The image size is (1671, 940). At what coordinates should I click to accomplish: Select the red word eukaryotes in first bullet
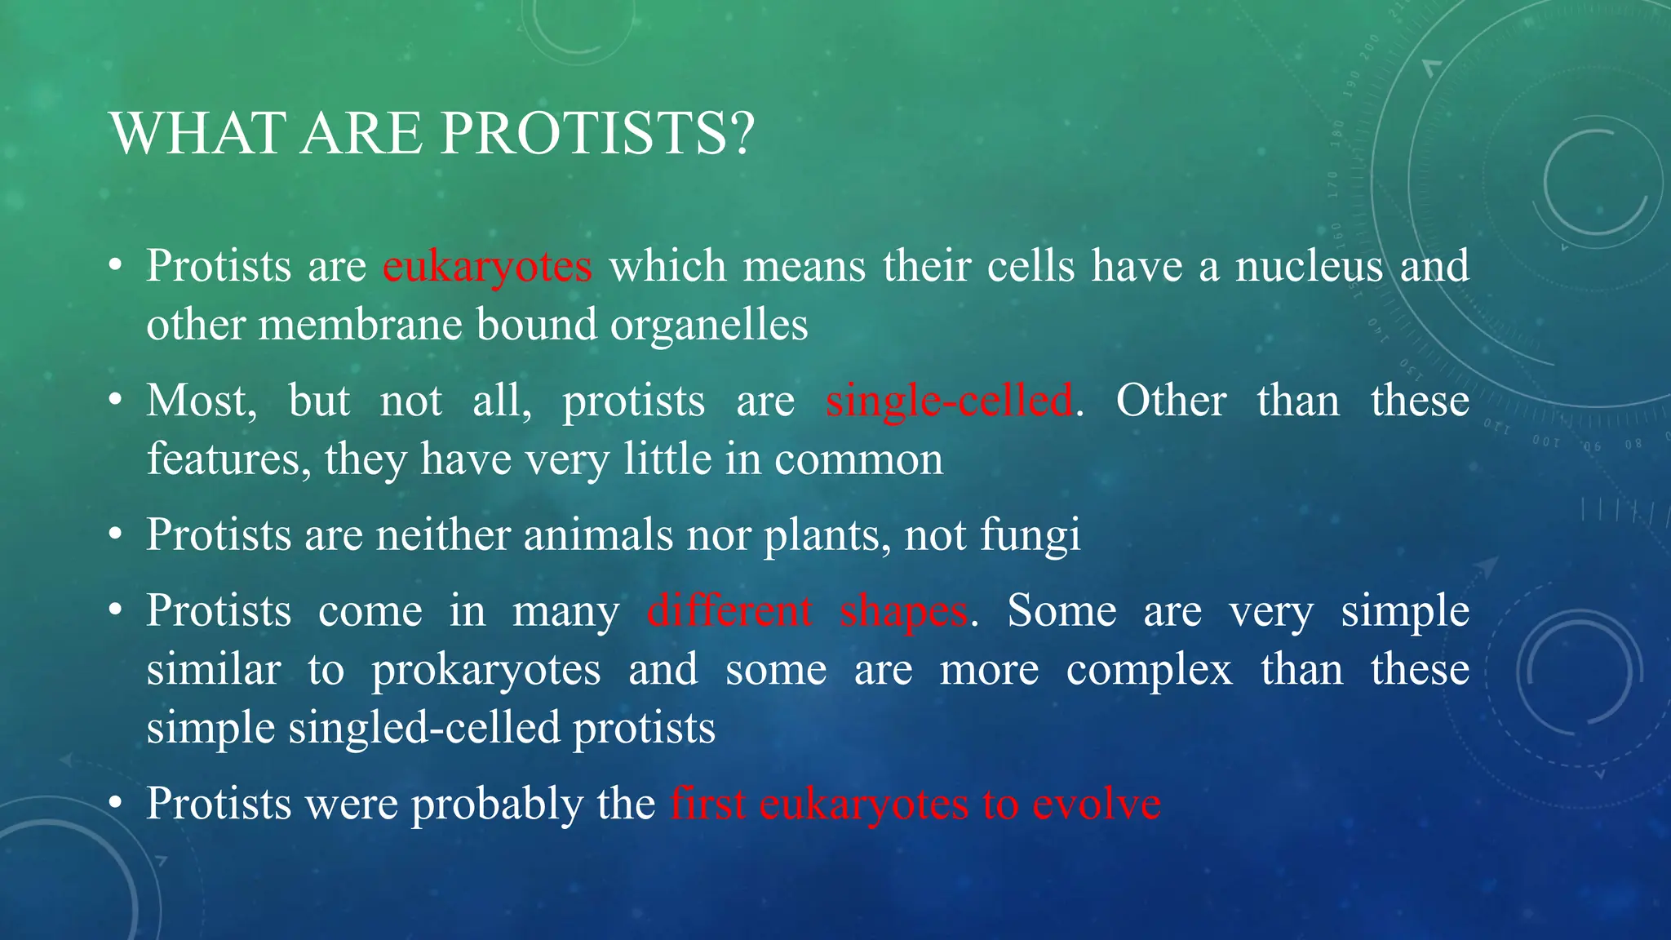pyautogui.click(x=487, y=267)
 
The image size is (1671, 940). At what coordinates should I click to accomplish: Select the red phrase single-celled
pyautogui.click(x=949, y=401)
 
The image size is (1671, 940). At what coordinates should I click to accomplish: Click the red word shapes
pyautogui.click(x=903, y=612)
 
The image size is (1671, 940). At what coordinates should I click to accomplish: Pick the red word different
pyautogui.click(x=729, y=612)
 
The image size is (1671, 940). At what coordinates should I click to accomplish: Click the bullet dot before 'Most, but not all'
pyautogui.click(x=116, y=400)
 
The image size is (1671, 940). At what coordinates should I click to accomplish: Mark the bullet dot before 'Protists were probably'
pyautogui.click(x=116, y=803)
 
